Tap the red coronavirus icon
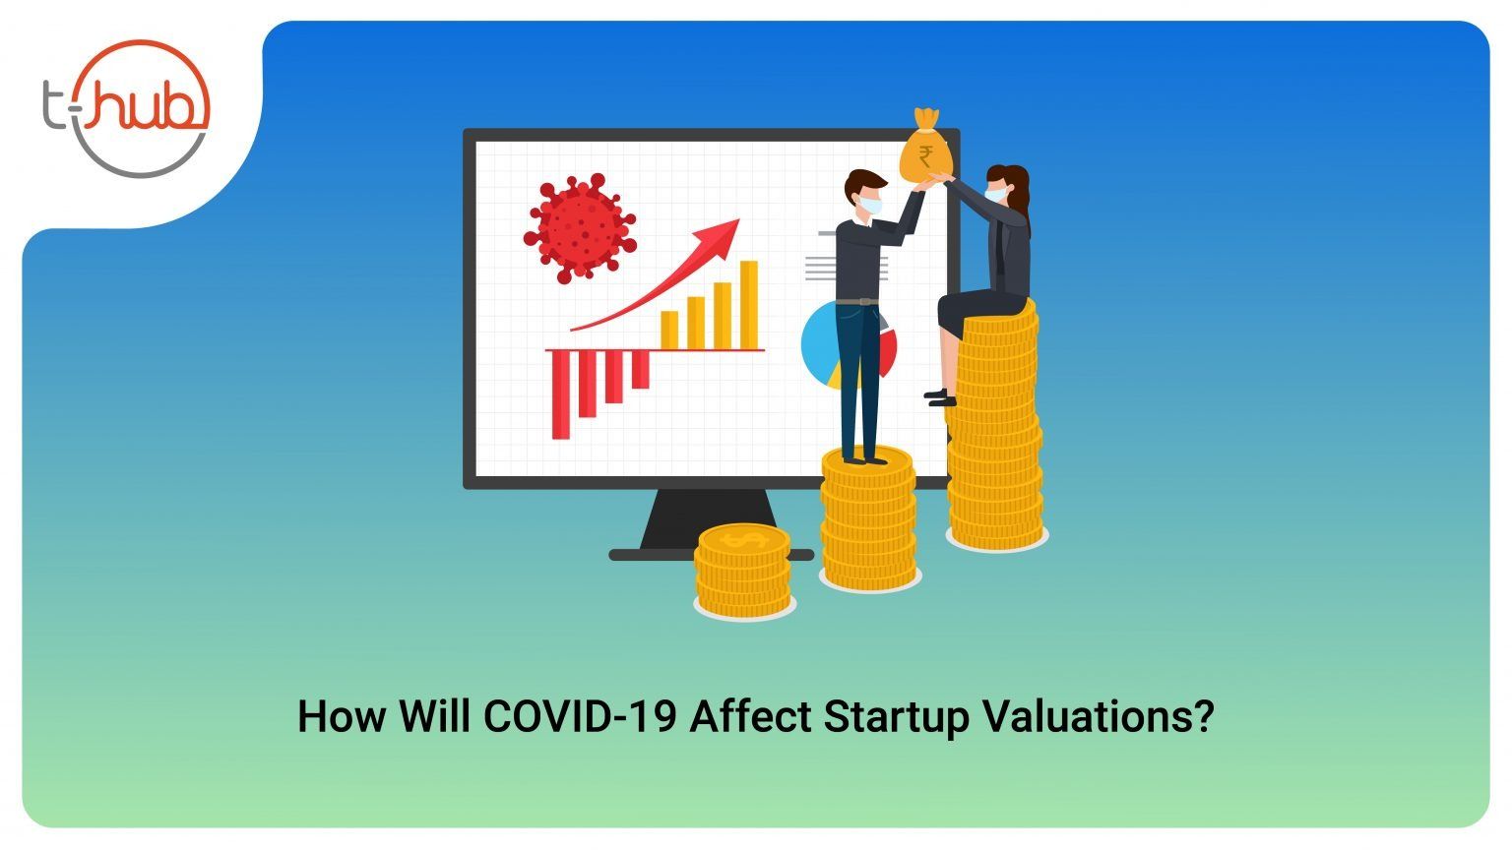tap(580, 228)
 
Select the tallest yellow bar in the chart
tap(748, 305)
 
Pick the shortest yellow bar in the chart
tap(669, 330)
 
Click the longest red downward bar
tap(561, 395)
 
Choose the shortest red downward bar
tap(640, 370)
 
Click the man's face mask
tap(869, 205)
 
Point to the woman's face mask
tap(994, 194)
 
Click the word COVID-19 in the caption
tap(580, 716)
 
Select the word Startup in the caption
tap(896, 718)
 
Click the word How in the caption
tap(341, 716)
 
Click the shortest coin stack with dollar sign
tap(744, 571)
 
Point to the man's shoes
tap(864, 460)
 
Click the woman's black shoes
tap(940, 398)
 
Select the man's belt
tap(857, 302)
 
